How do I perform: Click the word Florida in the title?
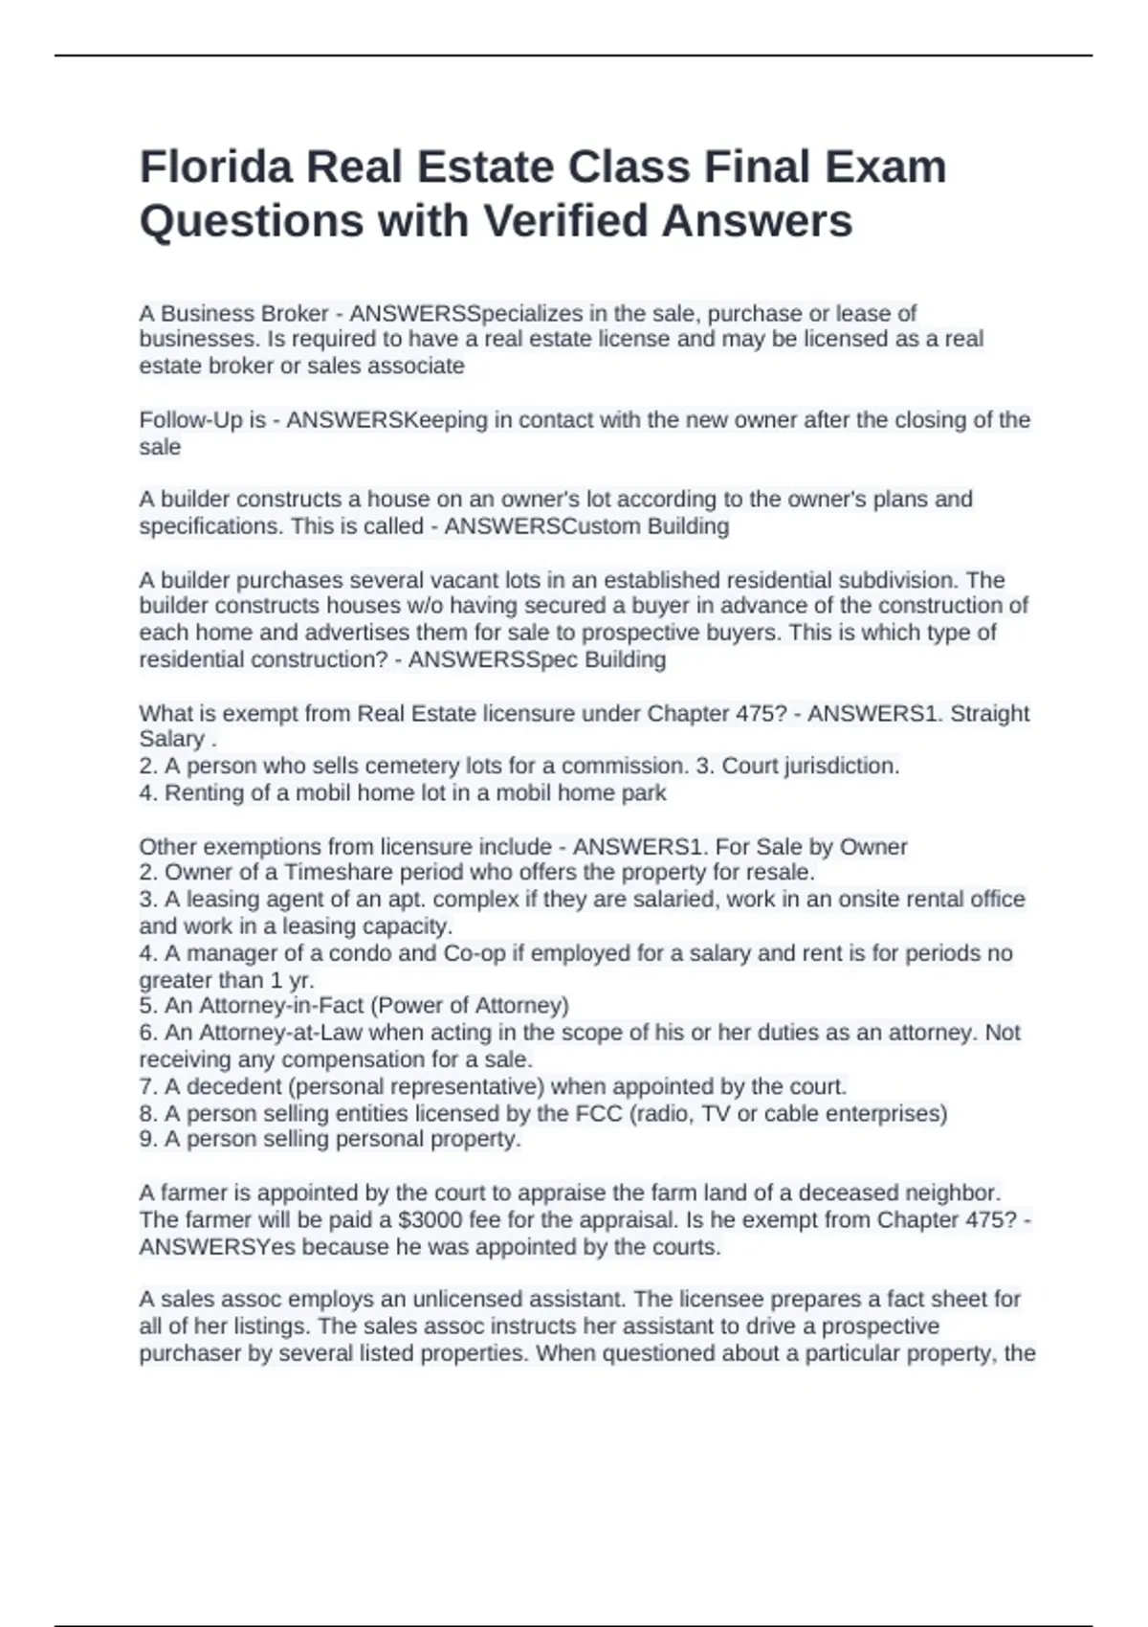point(216,167)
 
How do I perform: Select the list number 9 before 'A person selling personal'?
point(146,1140)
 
